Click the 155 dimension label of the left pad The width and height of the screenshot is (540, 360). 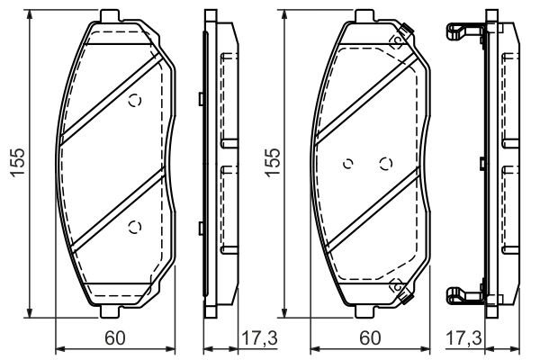[x=17, y=163]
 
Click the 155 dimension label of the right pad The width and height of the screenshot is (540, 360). [x=272, y=163]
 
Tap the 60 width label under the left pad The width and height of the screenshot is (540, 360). [x=115, y=338]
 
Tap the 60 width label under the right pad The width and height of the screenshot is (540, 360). [x=370, y=338]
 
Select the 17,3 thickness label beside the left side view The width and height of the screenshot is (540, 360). [x=260, y=338]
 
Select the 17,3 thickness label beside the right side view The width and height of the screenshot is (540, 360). [x=463, y=338]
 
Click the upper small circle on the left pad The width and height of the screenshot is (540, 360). [x=135, y=101]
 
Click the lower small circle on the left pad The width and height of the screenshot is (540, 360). [x=135, y=227]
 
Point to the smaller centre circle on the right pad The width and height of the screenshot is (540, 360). [x=348, y=164]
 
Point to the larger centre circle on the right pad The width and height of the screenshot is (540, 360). [x=386, y=164]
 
